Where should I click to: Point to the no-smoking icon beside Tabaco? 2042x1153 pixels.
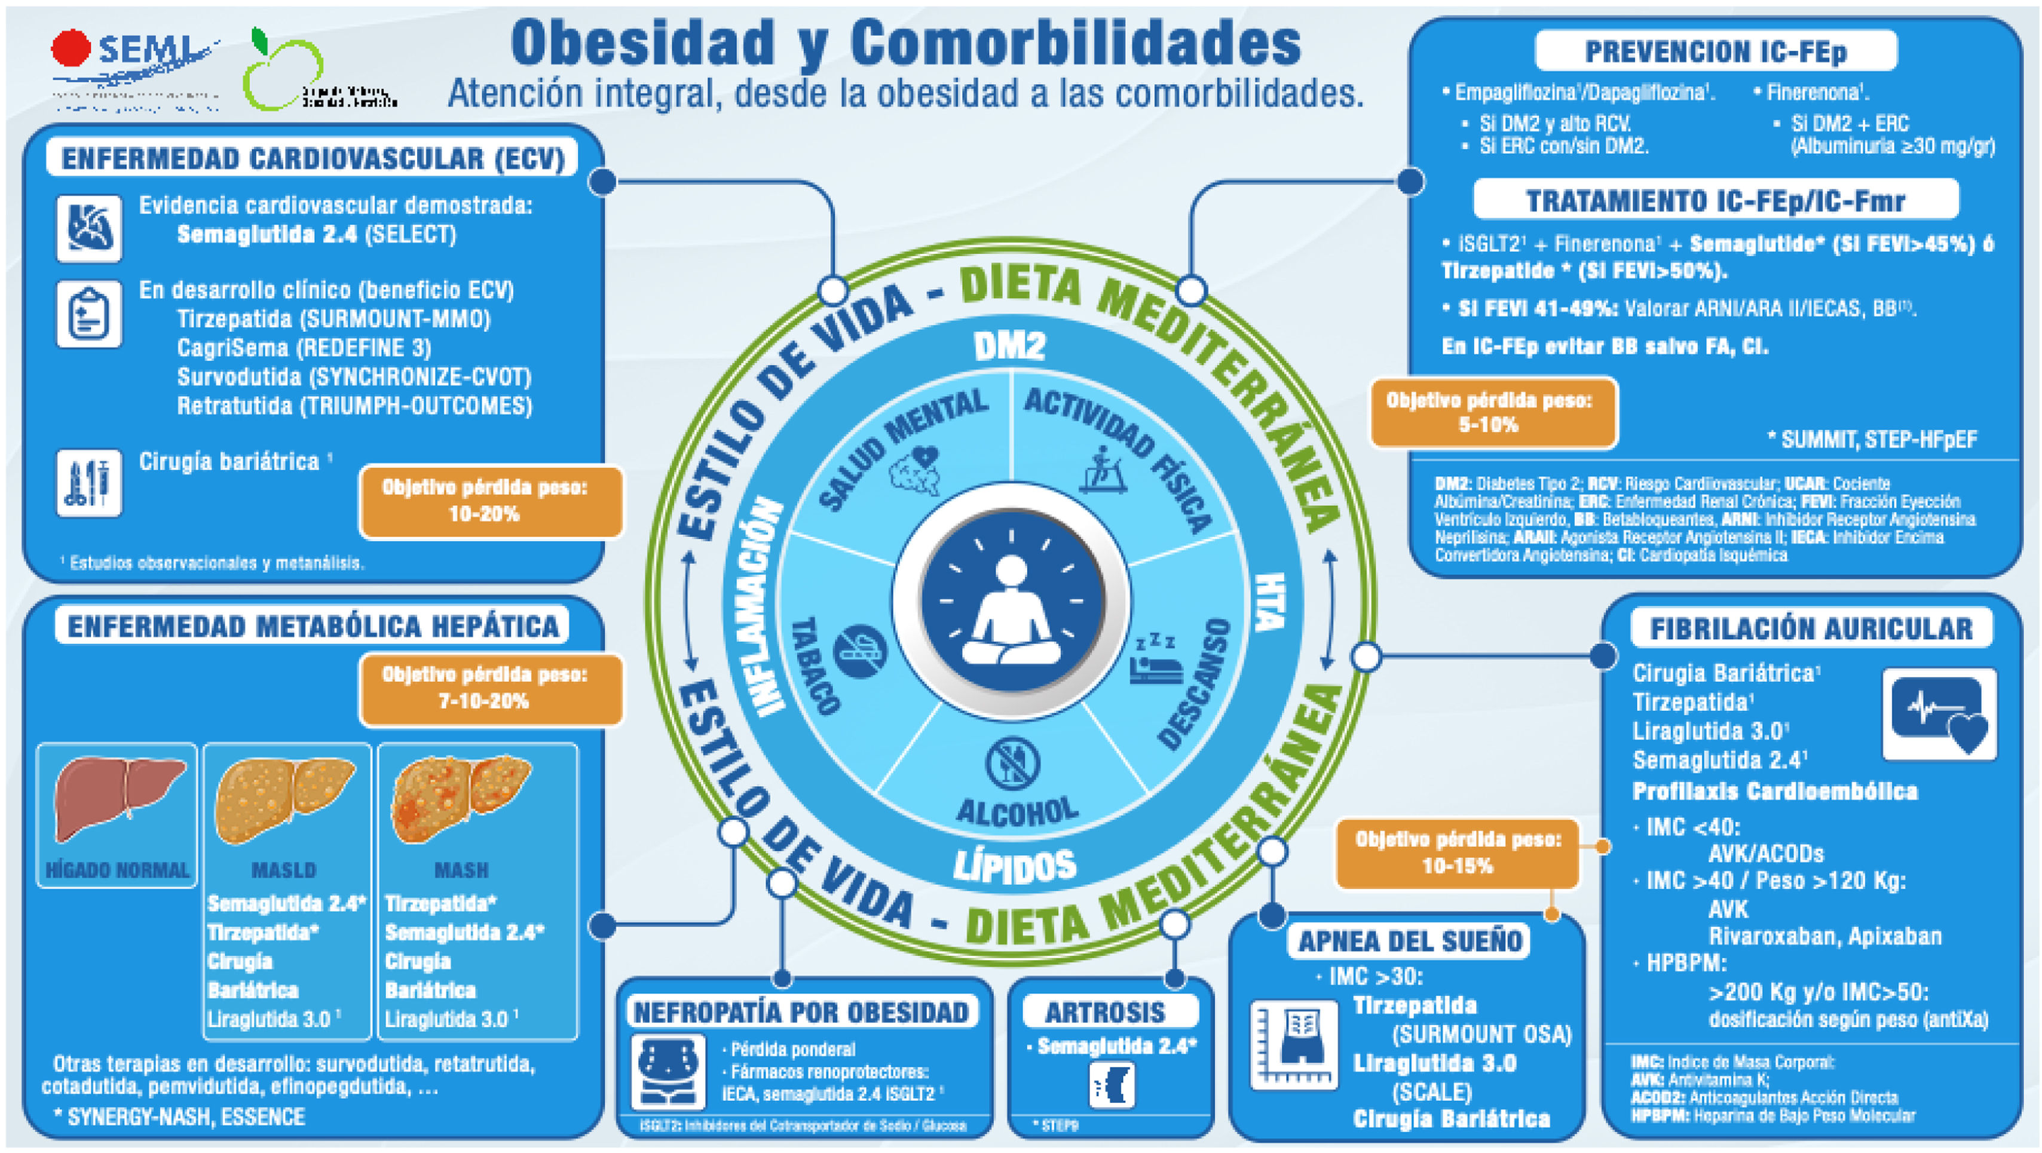click(x=860, y=651)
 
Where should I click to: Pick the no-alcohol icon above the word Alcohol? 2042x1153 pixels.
click(x=1012, y=763)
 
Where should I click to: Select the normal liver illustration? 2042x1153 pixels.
click(x=117, y=797)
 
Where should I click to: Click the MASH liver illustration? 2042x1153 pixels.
click(x=461, y=797)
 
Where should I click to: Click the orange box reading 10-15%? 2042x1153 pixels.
click(x=1457, y=853)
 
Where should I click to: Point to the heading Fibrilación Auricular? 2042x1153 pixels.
click(x=1811, y=629)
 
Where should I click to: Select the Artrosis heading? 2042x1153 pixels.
click(x=1105, y=1012)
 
